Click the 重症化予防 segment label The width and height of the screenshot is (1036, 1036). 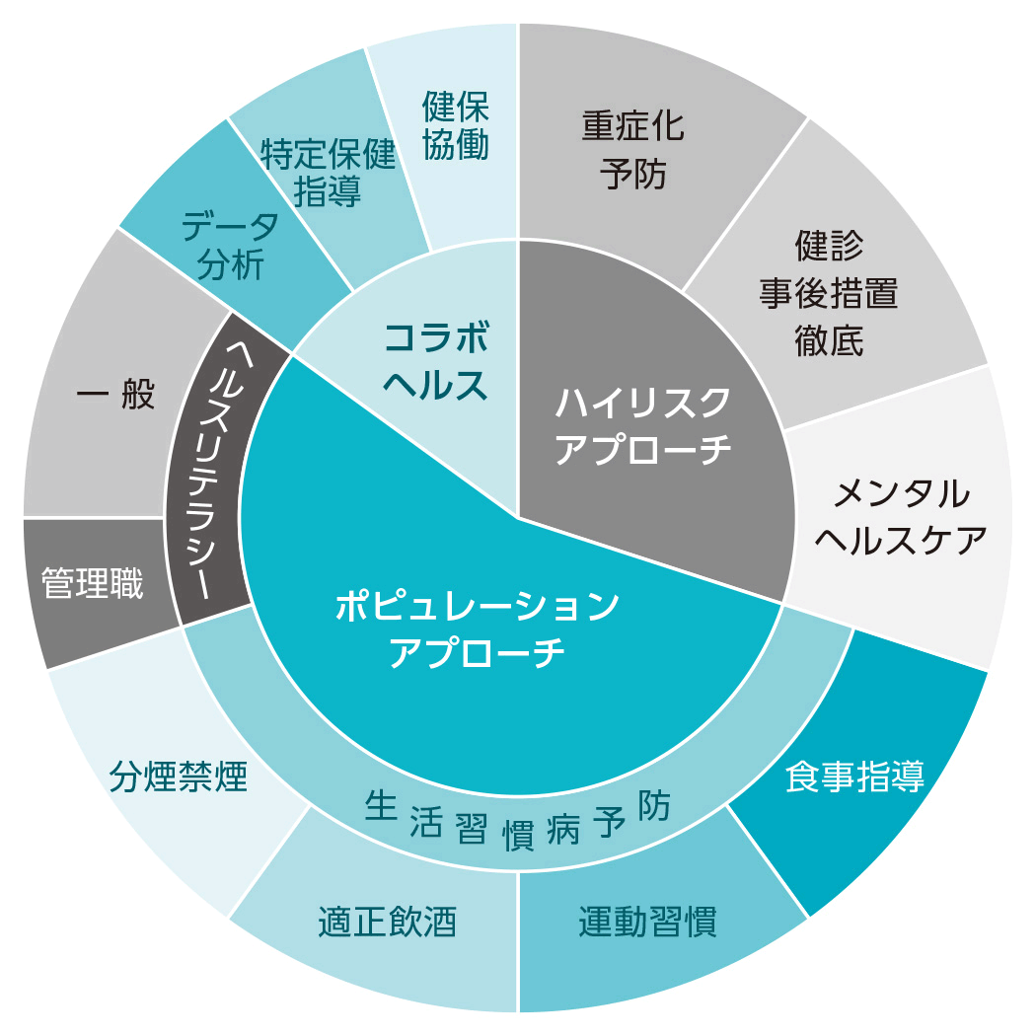pyautogui.click(x=632, y=150)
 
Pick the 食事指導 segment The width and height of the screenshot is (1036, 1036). pyautogui.click(x=854, y=777)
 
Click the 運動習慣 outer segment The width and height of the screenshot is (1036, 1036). pyautogui.click(x=647, y=922)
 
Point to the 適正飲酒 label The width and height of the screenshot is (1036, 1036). pyautogui.click(x=387, y=922)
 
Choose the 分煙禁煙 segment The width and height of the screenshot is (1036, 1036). pyautogui.click(x=179, y=777)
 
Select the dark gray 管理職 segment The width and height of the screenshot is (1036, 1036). pyautogui.click(x=92, y=583)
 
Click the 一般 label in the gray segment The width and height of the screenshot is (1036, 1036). pyautogui.click(x=115, y=395)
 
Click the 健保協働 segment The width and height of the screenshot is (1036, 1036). pyautogui.click(x=456, y=126)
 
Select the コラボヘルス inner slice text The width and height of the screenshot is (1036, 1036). pyautogui.click(x=435, y=361)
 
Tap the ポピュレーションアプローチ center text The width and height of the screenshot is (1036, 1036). pyautogui.click(x=477, y=629)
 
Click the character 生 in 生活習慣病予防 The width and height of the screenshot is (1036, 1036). pyautogui.click(x=380, y=806)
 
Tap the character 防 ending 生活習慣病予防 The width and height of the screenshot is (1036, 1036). pyautogui.click(x=653, y=806)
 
